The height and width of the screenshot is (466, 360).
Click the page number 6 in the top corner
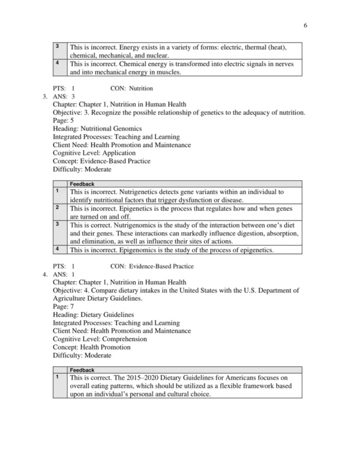coord(305,26)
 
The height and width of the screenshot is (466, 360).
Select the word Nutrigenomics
coord(133,225)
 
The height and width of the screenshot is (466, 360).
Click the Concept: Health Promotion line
coord(91,347)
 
